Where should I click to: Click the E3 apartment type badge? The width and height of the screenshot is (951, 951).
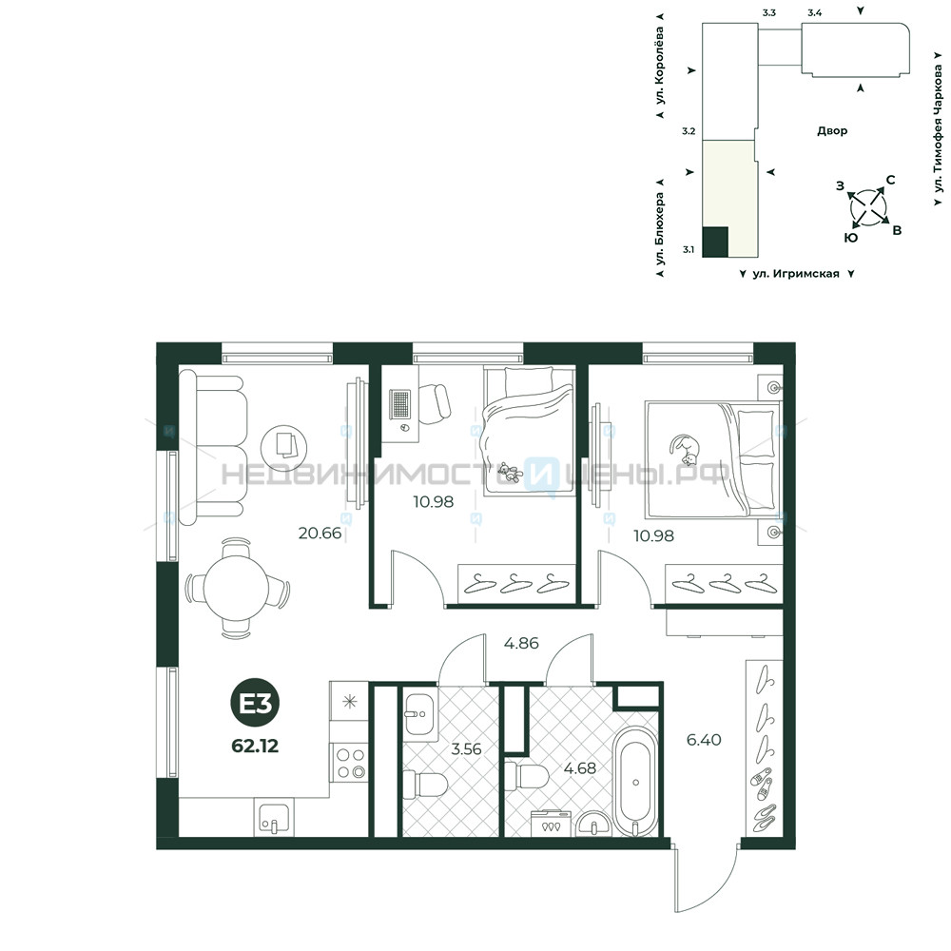(255, 704)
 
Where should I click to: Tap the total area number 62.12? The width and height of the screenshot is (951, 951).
(255, 746)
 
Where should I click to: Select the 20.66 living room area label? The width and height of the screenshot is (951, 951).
(320, 534)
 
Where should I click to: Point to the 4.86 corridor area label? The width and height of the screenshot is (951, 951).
(521, 643)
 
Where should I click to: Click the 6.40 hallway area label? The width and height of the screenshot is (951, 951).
(704, 740)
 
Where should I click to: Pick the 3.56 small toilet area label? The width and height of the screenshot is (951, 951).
(466, 749)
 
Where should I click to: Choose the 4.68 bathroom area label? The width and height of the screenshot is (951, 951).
(580, 768)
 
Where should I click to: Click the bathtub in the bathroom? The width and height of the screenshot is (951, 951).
(635, 781)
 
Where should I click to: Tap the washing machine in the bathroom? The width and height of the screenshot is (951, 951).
(551, 824)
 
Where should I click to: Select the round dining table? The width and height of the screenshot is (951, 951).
(236, 587)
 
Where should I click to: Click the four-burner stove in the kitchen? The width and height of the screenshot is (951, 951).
(349, 763)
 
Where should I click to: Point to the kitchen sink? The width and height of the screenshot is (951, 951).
(274, 817)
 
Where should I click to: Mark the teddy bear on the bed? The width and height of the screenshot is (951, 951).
(510, 472)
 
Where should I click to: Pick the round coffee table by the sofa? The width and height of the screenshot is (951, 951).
(283, 447)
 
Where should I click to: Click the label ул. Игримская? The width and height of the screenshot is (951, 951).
(796, 274)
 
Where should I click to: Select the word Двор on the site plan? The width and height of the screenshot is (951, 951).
(832, 130)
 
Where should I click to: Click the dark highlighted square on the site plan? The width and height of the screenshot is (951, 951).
(715, 242)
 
